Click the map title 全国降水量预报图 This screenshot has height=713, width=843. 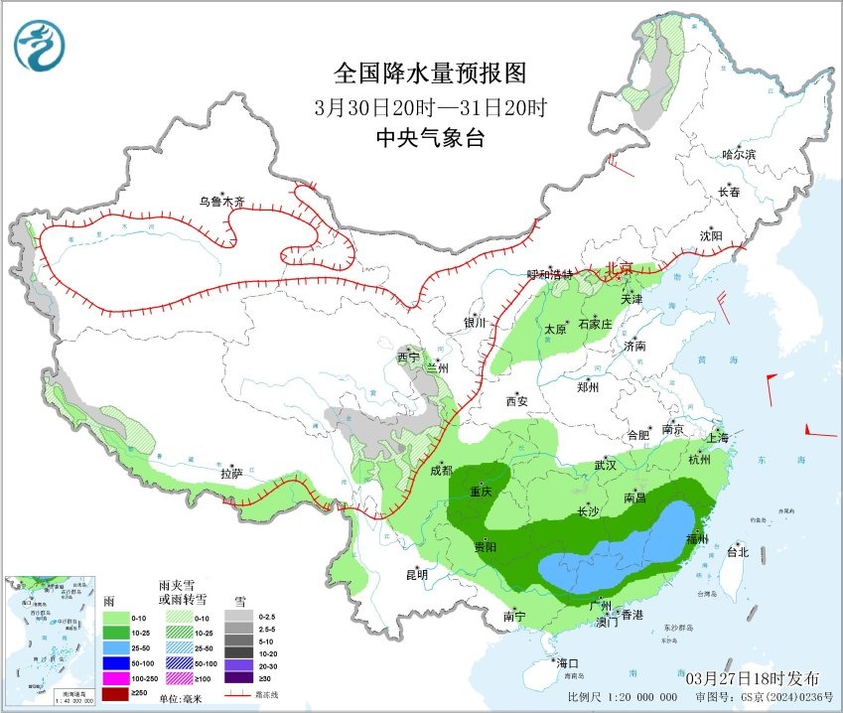pos(429,72)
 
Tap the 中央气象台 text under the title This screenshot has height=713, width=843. pos(429,138)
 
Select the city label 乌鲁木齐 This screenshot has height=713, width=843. pos(220,202)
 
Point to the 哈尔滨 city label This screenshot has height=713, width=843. pos(739,155)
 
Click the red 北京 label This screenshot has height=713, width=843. pos(618,268)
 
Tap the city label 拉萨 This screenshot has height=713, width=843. pos(231,474)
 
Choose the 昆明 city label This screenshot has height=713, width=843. pos(416,574)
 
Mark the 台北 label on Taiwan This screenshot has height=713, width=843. pos(737,551)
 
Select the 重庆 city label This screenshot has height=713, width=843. pos(482,493)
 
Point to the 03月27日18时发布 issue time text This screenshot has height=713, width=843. pos(752,677)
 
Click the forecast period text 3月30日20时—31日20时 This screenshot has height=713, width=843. pos(429,106)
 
